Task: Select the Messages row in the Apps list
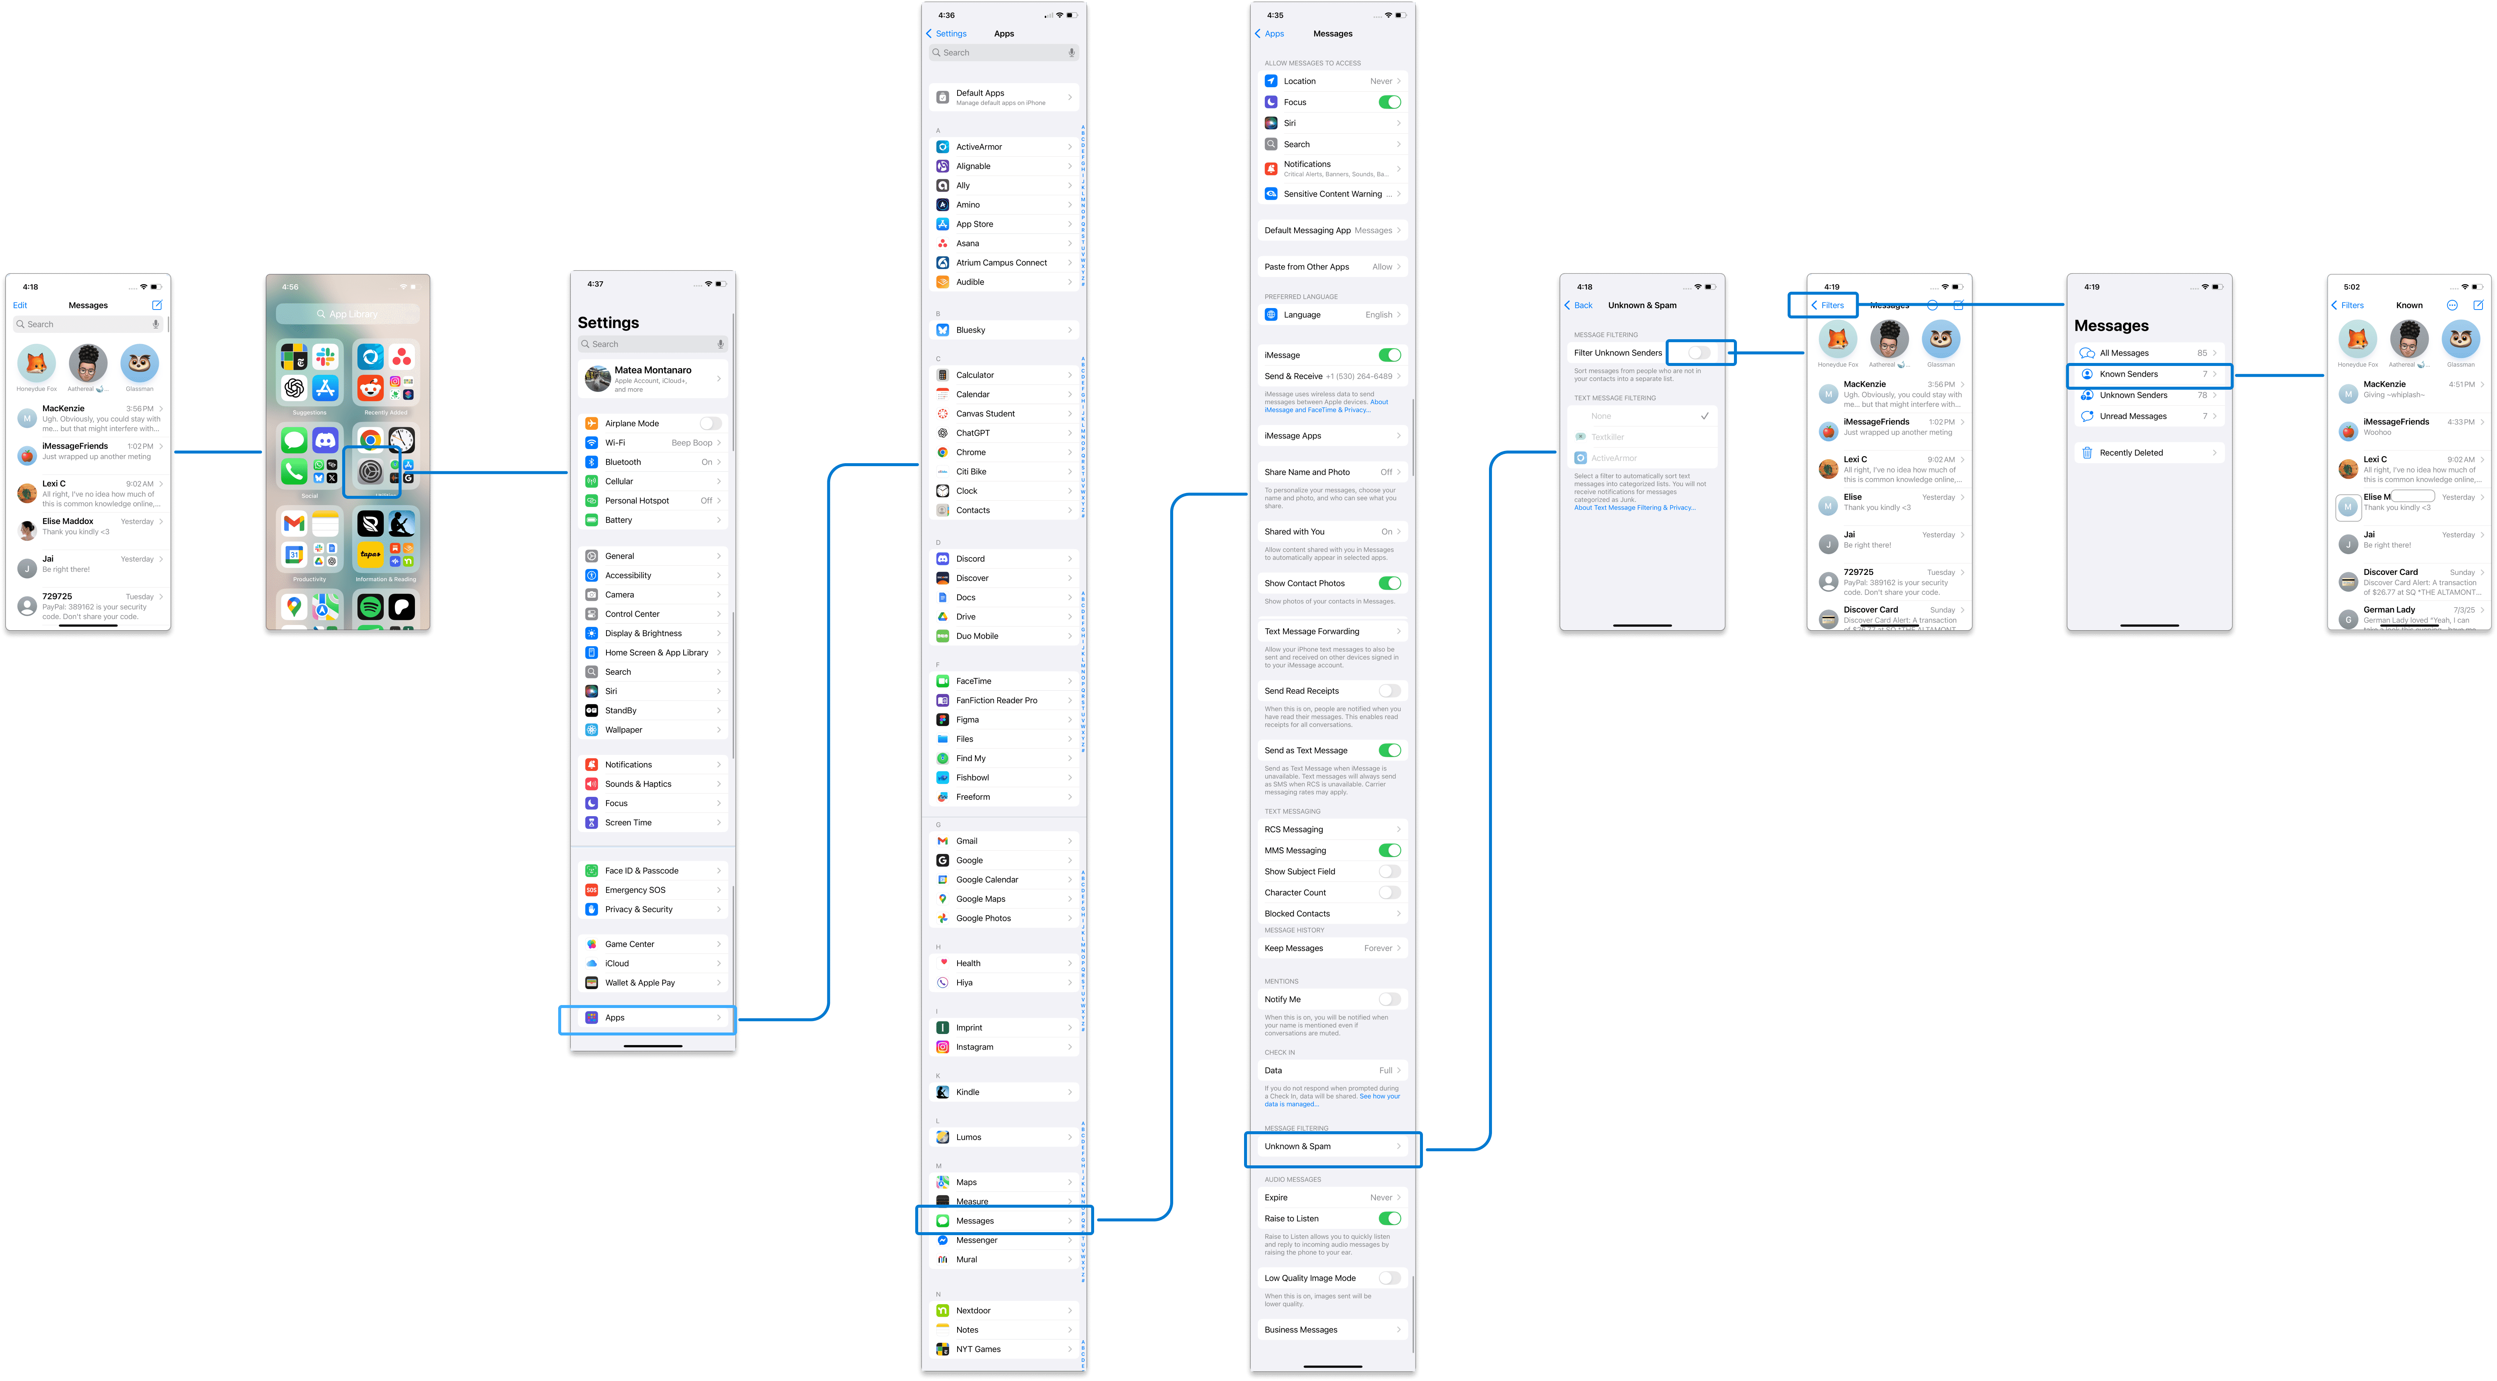tap(1003, 1220)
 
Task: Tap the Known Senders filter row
tap(2148, 374)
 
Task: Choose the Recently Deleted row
tap(2148, 452)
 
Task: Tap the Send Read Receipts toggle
tap(1389, 691)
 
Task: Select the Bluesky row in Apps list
tap(1003, 330)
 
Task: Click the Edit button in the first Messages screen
tap(20, 305)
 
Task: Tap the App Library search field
tap(347, 314)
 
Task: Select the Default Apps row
tap(1003, 97)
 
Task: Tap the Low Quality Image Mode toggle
tap(1389, 1278)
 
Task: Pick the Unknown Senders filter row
tap(2148, 395)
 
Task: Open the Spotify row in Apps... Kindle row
tap(1003, 1092)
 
